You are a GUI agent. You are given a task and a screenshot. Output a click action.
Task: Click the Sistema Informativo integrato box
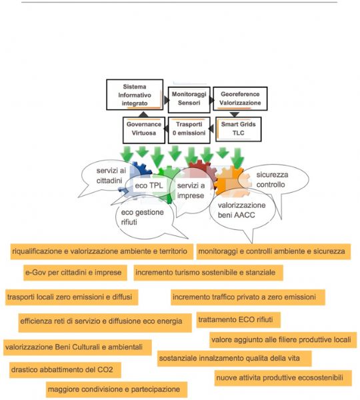[135, 95]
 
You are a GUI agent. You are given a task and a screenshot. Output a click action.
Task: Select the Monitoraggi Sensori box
[189, 100]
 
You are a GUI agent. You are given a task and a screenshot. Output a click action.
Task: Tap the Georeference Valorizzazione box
[240, 99]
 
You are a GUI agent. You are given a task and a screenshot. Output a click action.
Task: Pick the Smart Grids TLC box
[238, 129]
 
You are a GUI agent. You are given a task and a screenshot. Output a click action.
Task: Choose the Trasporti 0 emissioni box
[189, 130]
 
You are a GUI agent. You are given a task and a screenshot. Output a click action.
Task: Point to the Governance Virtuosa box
[143, 130]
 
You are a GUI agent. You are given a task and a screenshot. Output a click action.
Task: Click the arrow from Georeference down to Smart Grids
[235, 114]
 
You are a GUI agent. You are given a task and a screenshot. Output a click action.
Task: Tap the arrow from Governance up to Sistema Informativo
[143, 114]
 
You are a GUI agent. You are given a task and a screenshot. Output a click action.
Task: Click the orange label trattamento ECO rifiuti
[238, 319]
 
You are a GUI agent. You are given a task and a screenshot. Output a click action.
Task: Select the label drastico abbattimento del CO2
[62, 369]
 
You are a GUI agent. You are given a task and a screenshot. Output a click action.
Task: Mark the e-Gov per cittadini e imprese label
[75, 273]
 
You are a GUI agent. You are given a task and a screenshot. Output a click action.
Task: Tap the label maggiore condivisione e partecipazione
[117, 389]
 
